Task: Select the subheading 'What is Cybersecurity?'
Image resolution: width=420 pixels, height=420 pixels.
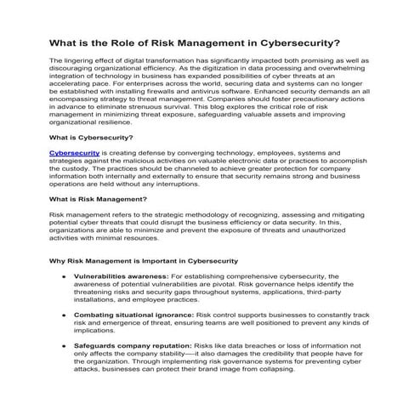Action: coord(91,136)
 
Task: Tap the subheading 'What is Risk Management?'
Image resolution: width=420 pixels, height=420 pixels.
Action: coord(99,199)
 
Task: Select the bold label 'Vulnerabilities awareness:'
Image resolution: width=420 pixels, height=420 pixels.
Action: coord(122,276)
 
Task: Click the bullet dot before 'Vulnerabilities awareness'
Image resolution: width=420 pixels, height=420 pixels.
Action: coord(63,276)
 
